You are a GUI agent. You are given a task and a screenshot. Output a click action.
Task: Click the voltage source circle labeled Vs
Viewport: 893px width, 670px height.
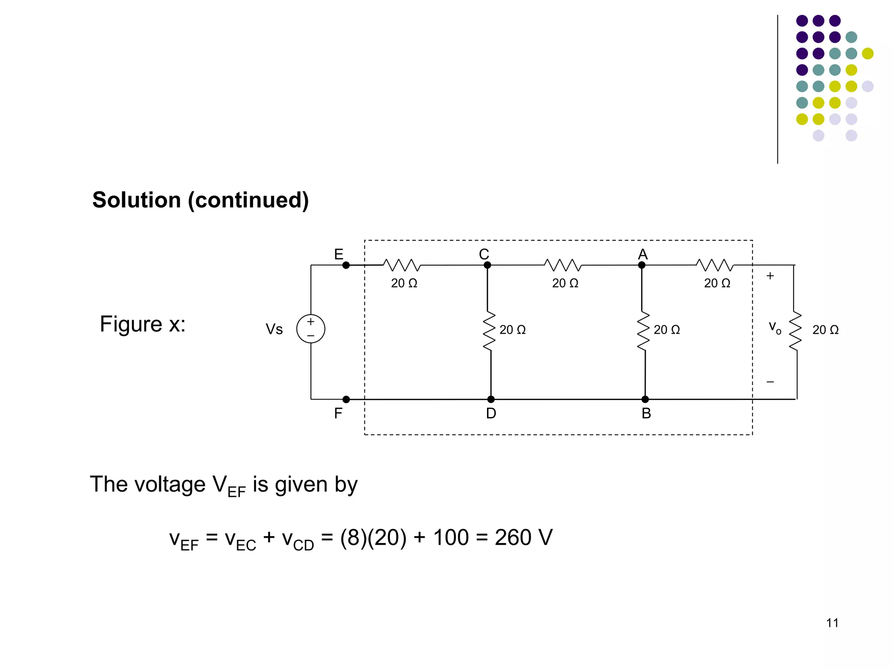point(310,328)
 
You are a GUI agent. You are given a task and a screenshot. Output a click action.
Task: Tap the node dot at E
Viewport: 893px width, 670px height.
point(346,265)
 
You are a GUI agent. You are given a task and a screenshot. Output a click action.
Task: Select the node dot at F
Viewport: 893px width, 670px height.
point(346,399)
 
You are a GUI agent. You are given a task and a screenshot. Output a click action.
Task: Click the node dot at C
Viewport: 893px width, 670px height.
point(487,265)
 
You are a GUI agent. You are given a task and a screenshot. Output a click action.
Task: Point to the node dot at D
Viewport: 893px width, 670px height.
point(491,399)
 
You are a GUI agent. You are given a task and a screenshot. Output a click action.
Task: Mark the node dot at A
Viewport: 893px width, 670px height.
point(642,265)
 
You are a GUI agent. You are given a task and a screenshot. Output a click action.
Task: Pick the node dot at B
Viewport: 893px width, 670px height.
point(645,399)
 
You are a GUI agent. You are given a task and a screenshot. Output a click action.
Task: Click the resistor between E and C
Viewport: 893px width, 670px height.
point(402,265)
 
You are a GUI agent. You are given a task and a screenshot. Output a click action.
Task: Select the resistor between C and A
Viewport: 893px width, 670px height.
point(563,265)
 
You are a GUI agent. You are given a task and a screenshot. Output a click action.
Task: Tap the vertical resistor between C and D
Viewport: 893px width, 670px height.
point(489,331)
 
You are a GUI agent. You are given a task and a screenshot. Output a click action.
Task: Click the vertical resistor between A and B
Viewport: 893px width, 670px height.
point(644,331)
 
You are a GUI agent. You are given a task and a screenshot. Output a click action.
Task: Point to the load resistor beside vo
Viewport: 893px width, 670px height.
point(795,331)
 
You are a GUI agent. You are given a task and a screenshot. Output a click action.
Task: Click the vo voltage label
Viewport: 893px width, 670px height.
point(774,327)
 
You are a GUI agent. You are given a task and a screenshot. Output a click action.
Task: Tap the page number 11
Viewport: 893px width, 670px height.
point(832,623)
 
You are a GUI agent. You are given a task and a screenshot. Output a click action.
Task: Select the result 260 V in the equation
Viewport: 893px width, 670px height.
point(523,537)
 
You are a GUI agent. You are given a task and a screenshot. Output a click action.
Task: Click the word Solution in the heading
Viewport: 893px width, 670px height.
point(136,200)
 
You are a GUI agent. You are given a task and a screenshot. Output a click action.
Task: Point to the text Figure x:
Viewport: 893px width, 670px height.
point(143,324)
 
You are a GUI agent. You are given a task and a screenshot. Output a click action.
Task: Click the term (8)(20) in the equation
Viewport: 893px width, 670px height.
point(373,537)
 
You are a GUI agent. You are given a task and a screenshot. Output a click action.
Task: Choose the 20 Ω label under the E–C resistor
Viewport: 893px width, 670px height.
point(404,283)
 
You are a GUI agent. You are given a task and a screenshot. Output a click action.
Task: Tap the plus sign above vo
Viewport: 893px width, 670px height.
point(770,276)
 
